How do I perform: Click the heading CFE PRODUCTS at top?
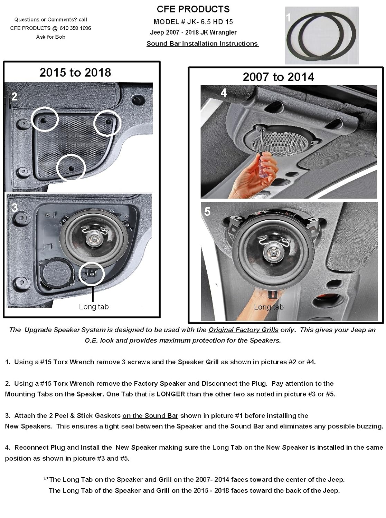pos(193,9)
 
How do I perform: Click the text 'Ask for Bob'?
pos(50,37)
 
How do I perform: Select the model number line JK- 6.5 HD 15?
pos(193,22)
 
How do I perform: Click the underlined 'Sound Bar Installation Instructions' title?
pos(203,44)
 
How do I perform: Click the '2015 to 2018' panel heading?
pos(75,73)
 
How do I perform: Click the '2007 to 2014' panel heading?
pos(278,77)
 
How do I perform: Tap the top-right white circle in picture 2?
pos(107,123)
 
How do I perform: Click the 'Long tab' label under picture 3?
pos(94,307)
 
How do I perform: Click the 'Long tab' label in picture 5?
pos(269,307)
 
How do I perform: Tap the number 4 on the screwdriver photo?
pos(224,93)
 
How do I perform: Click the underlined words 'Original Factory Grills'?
pos(243,330)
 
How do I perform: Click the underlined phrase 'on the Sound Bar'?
pos(150,416)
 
